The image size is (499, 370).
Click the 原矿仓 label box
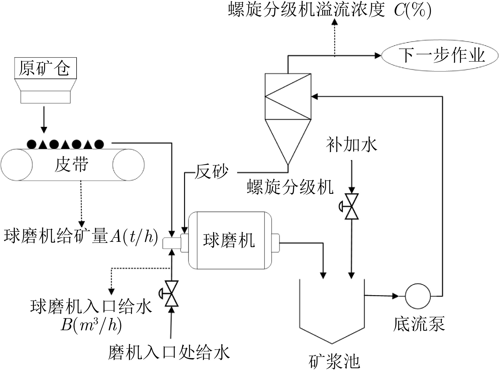click(45, 68)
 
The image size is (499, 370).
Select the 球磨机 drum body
click(230, 240)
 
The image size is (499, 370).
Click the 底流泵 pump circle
click(418, 296)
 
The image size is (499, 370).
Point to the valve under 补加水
click(351, 206)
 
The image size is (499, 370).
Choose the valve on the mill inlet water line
click(171, 294)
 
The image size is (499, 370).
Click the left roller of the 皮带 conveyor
click(17, 165)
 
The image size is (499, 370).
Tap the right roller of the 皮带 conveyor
click(129, 165)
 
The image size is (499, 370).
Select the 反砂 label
click(211, 172)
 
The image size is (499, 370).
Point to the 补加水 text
click(351, 145)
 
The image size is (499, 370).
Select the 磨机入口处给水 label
click(169, 353)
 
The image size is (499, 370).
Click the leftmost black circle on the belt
click(32, 144)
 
